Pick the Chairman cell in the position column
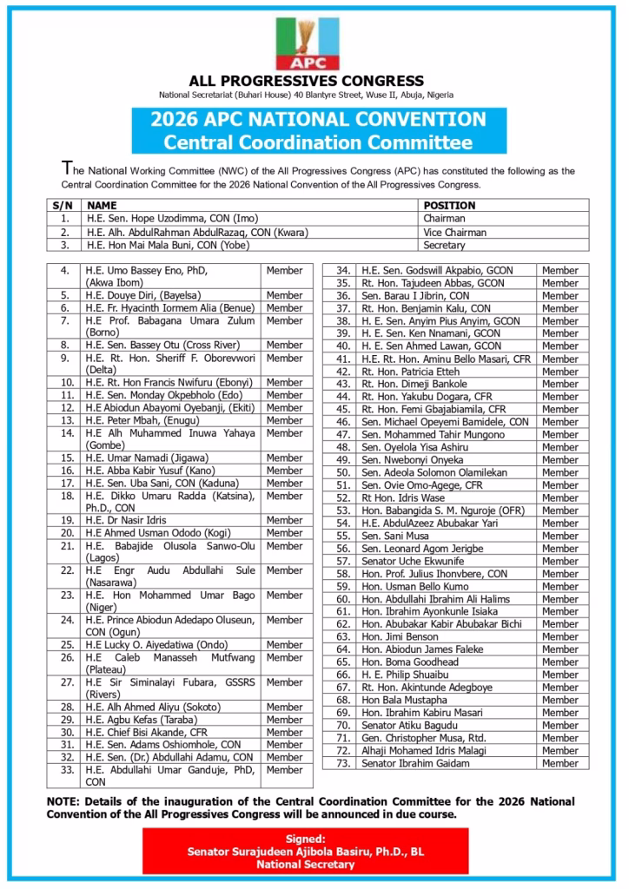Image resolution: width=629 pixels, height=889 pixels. pyautogui.click(x=445, y=220)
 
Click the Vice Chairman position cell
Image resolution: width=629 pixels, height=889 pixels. pyautogui.click(x=454, y=233)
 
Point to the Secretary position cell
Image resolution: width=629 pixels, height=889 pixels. pyautogui.click(x=444, y=246)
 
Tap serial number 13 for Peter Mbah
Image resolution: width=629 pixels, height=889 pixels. pyautogui.click(x=65, y=420)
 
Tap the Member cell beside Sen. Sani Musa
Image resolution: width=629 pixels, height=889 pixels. pyautogui.click(x=559, y=537)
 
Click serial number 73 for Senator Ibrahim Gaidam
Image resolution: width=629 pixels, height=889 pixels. pyautogui.click(x=342, y=763)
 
